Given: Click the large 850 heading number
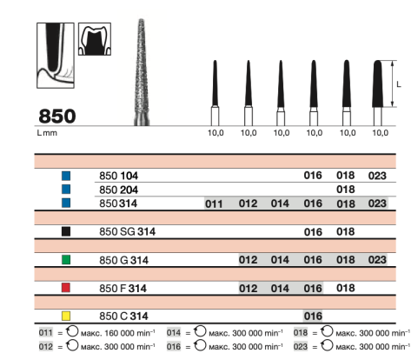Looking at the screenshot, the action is (57, 116).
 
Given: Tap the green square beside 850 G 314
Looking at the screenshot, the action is (66, 259).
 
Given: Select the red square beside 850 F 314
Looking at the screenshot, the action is (66, 288).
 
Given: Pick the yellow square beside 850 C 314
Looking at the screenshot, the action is (66, 316).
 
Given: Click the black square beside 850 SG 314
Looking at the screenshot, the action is (66, 231).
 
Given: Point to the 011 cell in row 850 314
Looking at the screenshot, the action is (214, 203).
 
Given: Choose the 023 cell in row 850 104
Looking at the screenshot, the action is (377, 176).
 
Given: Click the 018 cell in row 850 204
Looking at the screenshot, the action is (346, 190).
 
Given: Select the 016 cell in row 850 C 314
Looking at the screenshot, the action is (313, 316).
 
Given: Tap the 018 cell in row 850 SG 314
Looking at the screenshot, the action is (346, 231).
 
